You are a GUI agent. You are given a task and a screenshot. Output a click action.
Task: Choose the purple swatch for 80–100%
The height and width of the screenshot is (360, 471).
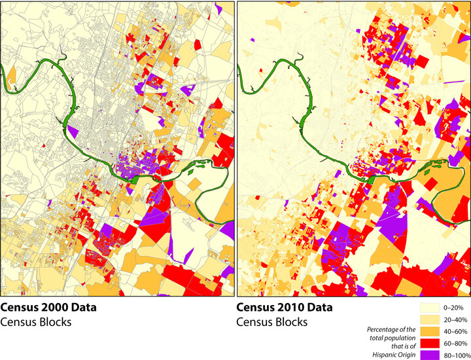pyautogui.click(x=432, y=354)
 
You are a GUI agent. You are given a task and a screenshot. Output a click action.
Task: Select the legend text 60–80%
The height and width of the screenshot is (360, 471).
pyautogui.click(x=455, y=342)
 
